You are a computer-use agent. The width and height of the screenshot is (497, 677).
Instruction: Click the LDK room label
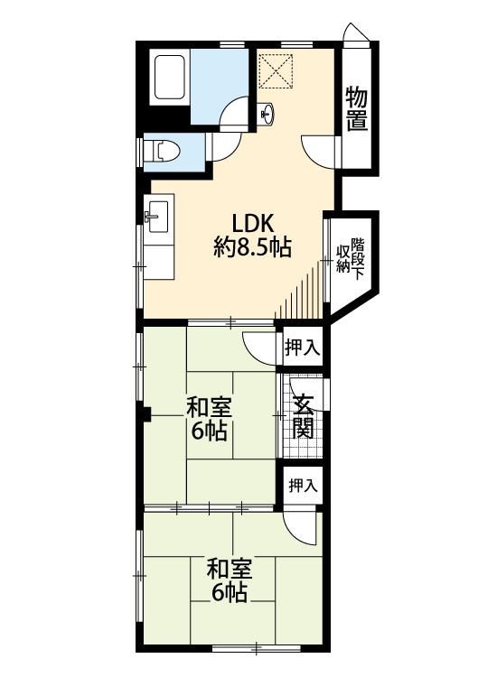[253, 224]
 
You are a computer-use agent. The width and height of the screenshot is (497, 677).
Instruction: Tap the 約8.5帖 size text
[252, 247]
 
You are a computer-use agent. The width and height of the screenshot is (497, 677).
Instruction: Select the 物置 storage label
[357, 108]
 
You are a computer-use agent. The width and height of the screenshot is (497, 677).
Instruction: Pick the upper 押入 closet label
[302, 348]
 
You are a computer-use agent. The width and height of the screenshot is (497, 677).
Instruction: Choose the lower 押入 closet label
[304, 486]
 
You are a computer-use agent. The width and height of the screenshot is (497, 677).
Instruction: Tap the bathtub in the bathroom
[169, 79]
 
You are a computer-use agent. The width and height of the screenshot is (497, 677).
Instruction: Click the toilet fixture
[162, 152]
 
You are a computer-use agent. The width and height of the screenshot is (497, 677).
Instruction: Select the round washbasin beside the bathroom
[267, 114]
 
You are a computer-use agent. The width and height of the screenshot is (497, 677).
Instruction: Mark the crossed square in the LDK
[276, 70]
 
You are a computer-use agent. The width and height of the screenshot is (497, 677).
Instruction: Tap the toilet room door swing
[224, 148]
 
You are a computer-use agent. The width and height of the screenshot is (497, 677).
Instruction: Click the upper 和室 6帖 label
[210, 419]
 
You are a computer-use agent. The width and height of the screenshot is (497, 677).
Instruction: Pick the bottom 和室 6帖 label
[230, 580]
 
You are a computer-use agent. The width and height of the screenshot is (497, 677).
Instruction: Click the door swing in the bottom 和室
[301, 529]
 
